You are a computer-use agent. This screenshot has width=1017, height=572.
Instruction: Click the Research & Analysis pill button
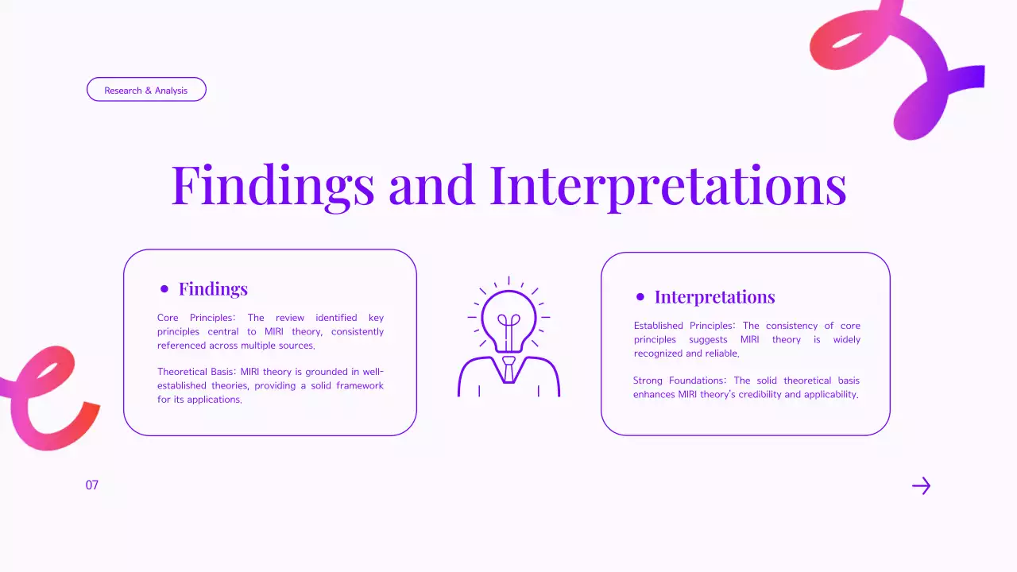tap(146, 90)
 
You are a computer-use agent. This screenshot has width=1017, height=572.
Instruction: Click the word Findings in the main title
tap(273, 185)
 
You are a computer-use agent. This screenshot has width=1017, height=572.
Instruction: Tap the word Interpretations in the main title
tap(668, 185)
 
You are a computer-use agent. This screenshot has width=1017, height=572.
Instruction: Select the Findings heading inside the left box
tap(213, 288)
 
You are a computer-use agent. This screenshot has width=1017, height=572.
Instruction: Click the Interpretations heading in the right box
tap(714, 297)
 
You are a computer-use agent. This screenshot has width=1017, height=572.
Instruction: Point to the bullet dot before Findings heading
tap(164, 289)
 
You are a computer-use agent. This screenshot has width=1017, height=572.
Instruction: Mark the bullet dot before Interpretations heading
tap(640, 297)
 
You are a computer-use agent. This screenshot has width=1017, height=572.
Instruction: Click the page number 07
tap(92, 485)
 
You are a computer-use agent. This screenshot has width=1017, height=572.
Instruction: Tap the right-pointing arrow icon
tap(921, 486)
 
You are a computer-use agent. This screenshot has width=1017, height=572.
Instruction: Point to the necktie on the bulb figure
tap(508, 369)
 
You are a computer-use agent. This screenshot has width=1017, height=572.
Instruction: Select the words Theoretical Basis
tap(195, 372)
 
